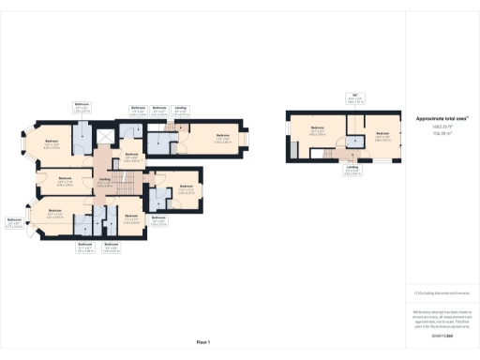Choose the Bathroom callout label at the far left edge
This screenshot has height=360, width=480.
click(14, 222)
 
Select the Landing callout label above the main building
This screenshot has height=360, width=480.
click(181, 111)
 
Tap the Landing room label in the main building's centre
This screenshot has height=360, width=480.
click(105, 182)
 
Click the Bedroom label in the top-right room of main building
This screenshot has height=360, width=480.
click(222, 139)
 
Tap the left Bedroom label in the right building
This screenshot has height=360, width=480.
click(317, 129)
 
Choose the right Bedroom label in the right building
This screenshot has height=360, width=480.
click(382, 135)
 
